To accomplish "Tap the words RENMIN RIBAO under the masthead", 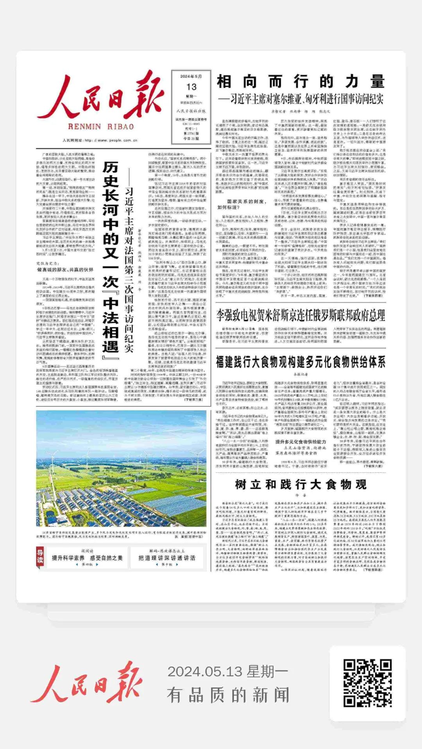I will (x=101, y=126).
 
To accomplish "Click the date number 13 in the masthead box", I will (x=191, y=87).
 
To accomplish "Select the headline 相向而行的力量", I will (x=300, y=82).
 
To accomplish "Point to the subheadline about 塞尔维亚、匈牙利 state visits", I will (x=300, y=99).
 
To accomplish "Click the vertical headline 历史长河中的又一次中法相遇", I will (x=111, y=258).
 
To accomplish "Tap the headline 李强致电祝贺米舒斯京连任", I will (x=300, y=315).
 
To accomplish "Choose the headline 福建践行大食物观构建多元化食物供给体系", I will (x=300, y=362).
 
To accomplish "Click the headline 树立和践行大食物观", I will (x=300, y=484).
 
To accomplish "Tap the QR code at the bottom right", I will (x=367, y=683).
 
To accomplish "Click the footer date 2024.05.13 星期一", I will (x=228, y=672).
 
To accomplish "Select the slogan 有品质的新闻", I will (x=228, y=695).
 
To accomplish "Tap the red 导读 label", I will (x=40, y=556).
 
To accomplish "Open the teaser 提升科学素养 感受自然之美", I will (x=87, y=558).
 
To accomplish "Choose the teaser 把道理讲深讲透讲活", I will (x=167, y=558).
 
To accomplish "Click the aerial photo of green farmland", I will (x=121, y=468).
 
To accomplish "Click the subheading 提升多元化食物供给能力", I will (x=300, y=442).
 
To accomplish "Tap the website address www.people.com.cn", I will (x=100, y=141).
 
